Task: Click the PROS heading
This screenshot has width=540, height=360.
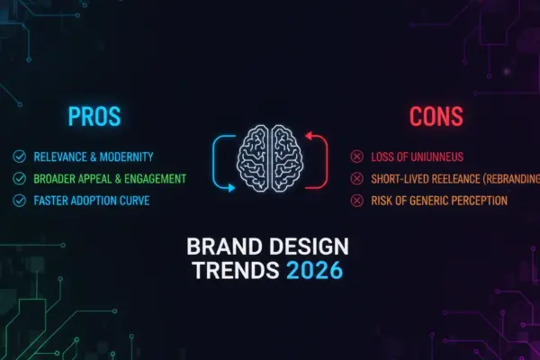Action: [x=94, y=116]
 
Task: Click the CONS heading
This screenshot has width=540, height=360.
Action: [x=436, y=116]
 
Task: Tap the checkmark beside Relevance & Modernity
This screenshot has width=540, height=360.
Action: [x=19, y=157]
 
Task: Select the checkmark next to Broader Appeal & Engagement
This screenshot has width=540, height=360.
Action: [x=19, y=178]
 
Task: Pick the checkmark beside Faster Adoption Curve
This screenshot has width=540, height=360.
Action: [x=19, y=201]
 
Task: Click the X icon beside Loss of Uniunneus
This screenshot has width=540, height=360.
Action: [x=356, y=157]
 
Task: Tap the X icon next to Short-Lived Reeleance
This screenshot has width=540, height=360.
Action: [x=356, y=178]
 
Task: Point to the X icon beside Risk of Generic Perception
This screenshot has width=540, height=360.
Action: [x=356, y=201]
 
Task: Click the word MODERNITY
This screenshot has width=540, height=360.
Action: [x=126, y=157]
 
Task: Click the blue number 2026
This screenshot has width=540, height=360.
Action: [x=314, y=270]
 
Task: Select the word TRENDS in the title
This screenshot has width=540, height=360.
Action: [x=236, y=270]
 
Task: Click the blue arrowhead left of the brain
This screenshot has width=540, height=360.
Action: [x=232, y=188]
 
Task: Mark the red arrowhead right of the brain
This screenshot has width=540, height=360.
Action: [x=309, y=135]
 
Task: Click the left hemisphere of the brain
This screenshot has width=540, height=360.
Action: [x=252, y=158]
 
